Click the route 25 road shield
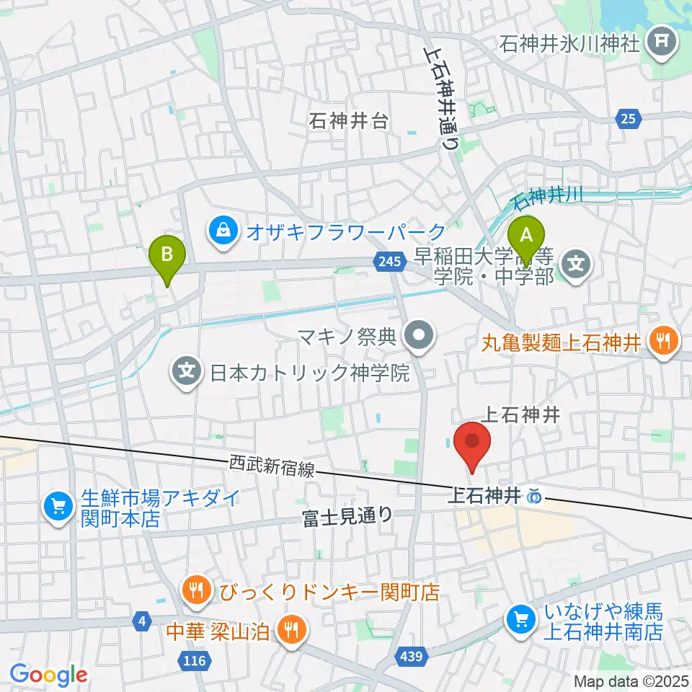627,120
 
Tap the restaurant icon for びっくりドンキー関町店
196,592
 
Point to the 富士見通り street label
347,516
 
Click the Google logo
49,675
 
